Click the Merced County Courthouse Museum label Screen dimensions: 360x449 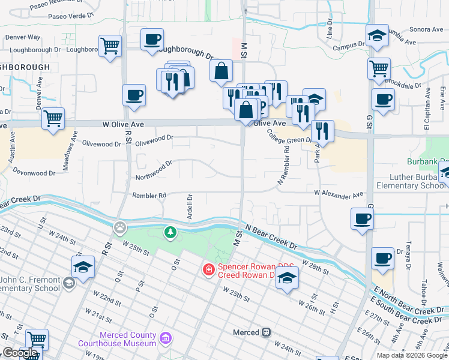(116, 340)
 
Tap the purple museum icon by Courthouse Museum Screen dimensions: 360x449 (166, 340)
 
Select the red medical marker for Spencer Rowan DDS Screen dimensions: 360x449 (208, 270)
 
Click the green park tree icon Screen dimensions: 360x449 (171, 232)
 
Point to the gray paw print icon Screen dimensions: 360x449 (121, 228)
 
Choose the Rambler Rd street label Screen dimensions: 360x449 (149, 196)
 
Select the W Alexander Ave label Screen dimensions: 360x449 (339, 194)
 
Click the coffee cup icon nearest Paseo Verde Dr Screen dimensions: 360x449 (152, 40)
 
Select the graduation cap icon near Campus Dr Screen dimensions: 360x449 (377, 35)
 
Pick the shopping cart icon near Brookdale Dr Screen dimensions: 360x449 (379, 68)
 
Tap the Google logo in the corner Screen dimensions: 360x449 (19, 353)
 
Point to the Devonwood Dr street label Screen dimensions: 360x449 (34, 173)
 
